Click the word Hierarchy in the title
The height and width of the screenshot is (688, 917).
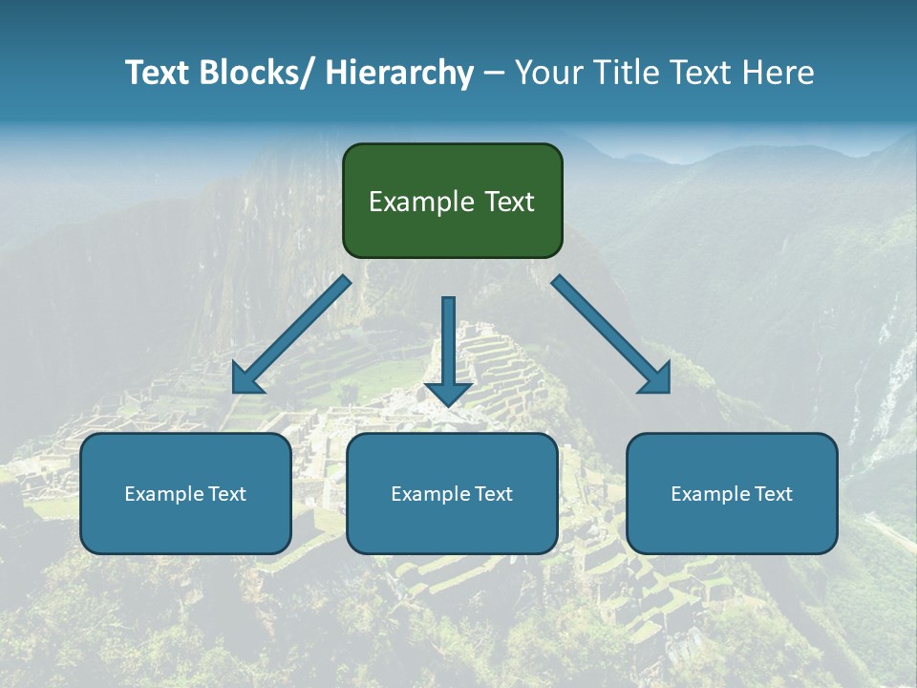[x=399, y=73]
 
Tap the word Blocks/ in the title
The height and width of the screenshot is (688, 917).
[x=257, y=73]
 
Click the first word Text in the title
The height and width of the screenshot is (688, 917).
[x=159, y=73]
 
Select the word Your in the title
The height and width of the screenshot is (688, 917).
[x=548, y=73]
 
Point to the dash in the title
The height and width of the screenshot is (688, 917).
[x=494, y=74]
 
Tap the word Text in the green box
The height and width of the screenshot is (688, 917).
[x=507, y=202]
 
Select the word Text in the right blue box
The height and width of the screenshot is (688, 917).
[x=773, y=494]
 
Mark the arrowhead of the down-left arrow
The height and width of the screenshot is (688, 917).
[x=245, y=378]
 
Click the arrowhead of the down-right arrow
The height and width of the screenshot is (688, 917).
[x=657, y=378]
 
